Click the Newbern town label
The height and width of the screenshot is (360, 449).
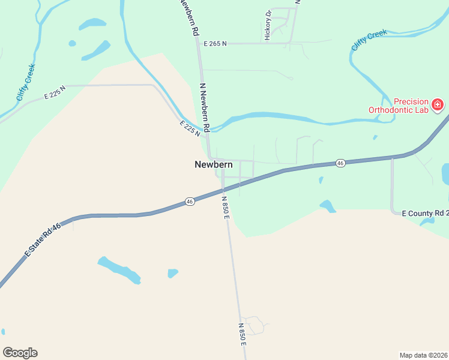pyautogui.click(x=213, y=164)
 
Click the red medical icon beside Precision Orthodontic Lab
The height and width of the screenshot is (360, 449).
pyautogui.click(x=438, y=106)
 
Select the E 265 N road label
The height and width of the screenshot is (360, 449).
pyautogui.click(x=216, y=44)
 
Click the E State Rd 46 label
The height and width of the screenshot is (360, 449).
pyautogui.click(x=43, y=241)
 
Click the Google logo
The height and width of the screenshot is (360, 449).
pyautogui.click(x=20, y=353)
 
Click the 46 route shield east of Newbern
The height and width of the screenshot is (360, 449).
pyautogui.click(x=340, y=163)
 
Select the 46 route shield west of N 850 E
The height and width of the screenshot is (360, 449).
pyautogui.click(x=190, y=202)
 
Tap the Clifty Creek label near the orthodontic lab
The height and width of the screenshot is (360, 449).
pyautogui.click(x=369, y=41)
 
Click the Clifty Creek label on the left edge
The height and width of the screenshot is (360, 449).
pyautogui.click(x=26, y=82)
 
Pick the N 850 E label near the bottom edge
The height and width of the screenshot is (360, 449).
pyautogui.click(x=241, y=334)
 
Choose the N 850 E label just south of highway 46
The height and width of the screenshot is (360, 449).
pyautogui.click(x=226, y=208)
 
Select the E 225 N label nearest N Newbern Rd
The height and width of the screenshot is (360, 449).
pyautogui.click(x=189, y=128)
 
